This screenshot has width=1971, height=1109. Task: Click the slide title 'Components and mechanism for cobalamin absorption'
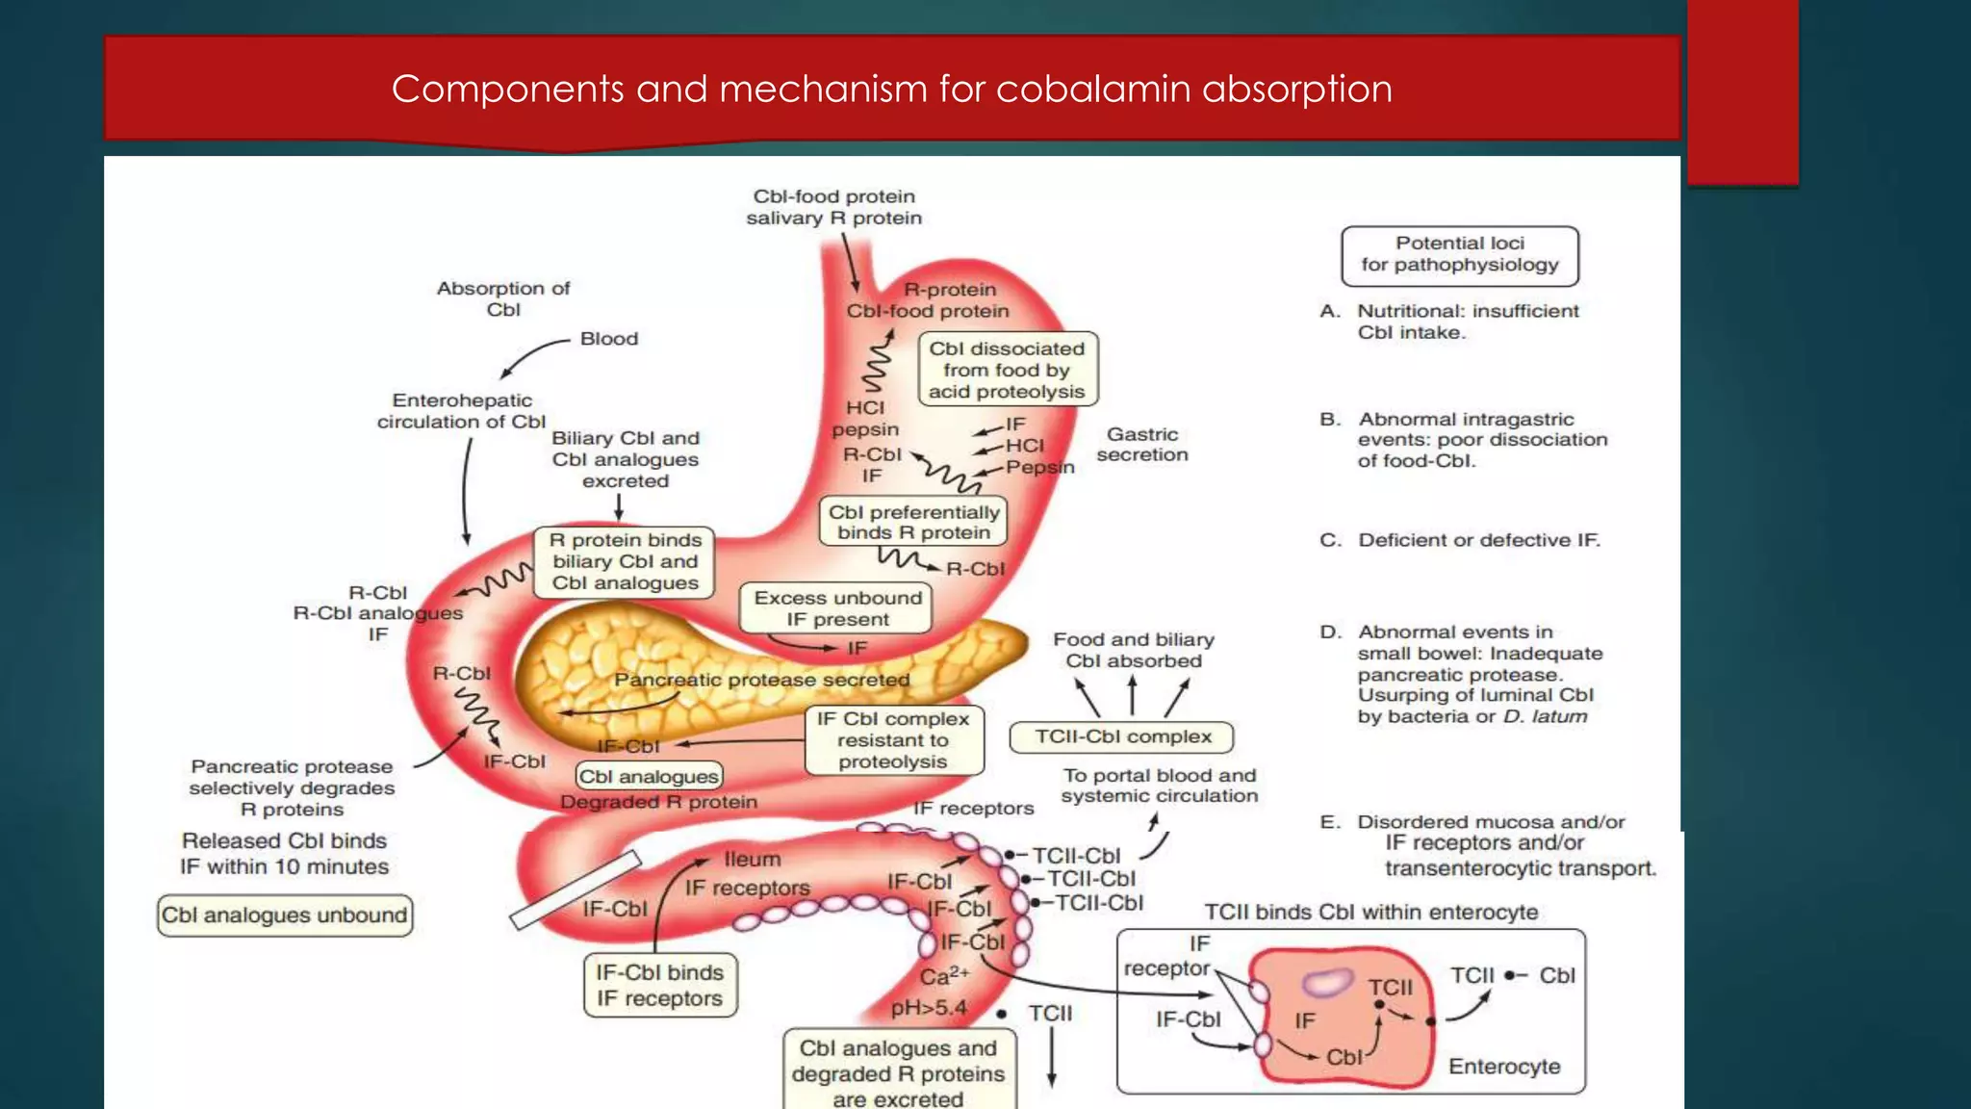(x=891, y=90)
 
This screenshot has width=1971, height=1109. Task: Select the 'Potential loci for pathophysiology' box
(x=1459, y=255)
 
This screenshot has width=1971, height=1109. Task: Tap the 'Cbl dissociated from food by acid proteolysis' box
(x=1007, y=370)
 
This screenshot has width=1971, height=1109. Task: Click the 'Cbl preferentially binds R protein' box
(x=912, y=522)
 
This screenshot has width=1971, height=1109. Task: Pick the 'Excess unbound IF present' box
(x=836, y=608)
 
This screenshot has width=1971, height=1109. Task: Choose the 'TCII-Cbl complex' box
(x=1122, y=737)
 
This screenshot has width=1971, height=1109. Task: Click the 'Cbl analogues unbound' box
(x=285, y=915)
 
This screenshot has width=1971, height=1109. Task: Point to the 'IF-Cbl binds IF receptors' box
(x=659, y=986)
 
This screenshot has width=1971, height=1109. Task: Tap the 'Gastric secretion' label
(x=1142, y=445)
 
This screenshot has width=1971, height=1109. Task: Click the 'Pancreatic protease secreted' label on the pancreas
(x=761, y=680)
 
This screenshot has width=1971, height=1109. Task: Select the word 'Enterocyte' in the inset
(x=1503, y=1067)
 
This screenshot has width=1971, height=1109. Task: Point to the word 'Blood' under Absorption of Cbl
(x=609, y=339)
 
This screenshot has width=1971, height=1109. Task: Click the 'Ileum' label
(x=753, y=859)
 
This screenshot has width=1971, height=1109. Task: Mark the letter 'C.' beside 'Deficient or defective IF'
(x=1330, y=540)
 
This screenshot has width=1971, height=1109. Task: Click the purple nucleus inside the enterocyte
(x=1327, y=982)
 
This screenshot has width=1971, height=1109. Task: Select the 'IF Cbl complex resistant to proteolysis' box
(x=893, y=740)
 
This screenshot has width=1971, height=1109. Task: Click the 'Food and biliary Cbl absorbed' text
(x=1133, y=650)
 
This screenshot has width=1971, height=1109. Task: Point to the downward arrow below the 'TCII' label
(x=1052, y=1058)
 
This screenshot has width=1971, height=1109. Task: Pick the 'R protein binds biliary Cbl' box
(x=625, y=562)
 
